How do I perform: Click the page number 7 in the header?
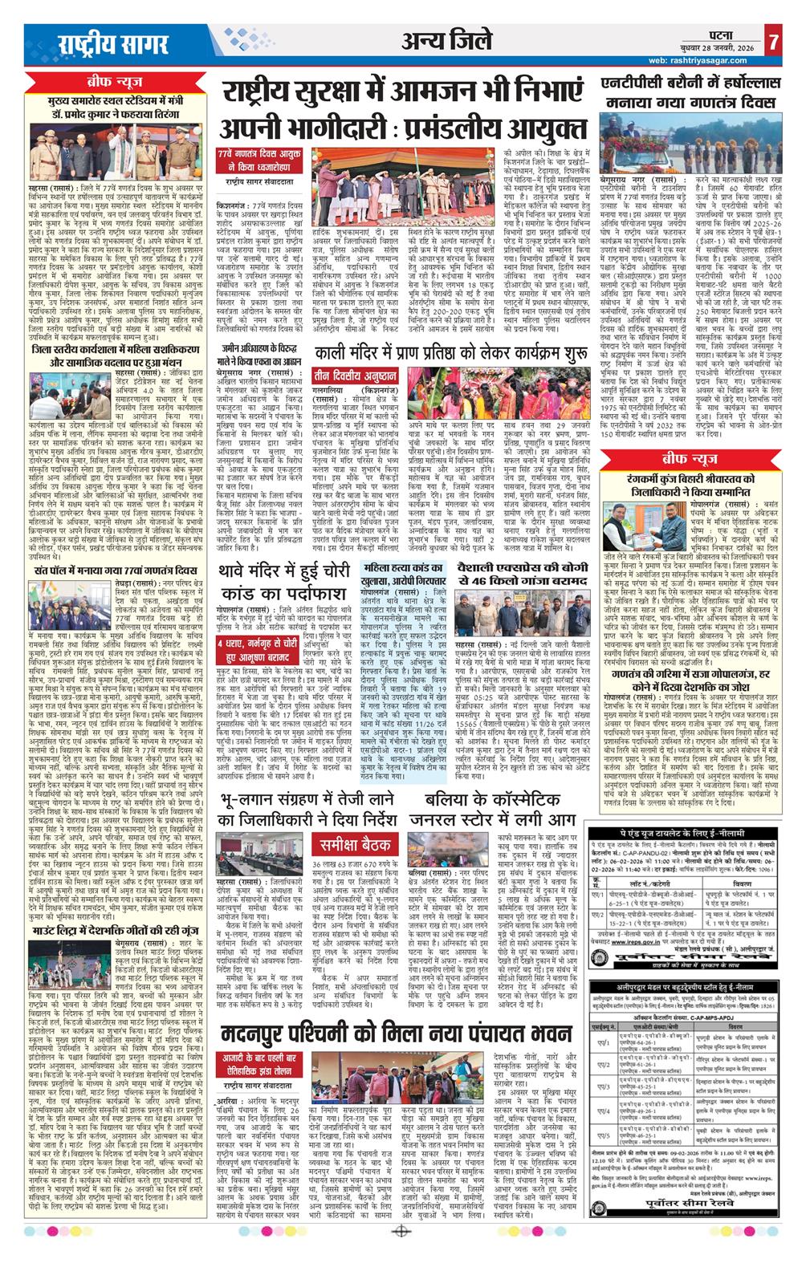(x=772, y=39)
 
